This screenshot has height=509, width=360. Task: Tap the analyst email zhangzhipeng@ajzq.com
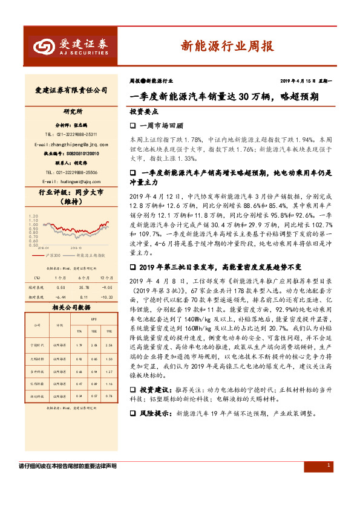point(71,144)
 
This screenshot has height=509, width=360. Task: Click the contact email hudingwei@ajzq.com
point(71,181)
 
